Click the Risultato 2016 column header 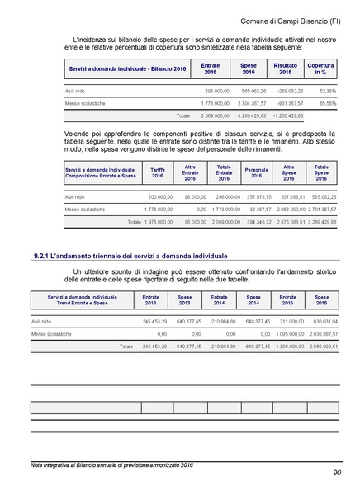point(285,68)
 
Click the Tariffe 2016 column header point(157,172)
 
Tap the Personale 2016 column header point(256,172)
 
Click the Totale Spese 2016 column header point(321,172)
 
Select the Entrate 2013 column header point(150,299)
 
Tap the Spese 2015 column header point(321,299)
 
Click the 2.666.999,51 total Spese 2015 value point(320,346)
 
